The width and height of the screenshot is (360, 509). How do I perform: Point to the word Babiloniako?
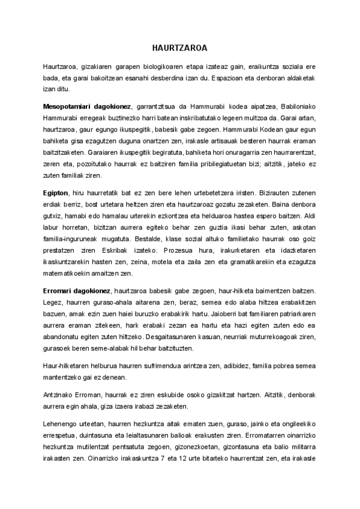pos(297,105)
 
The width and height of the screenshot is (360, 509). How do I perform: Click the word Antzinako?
pos(59,396)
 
